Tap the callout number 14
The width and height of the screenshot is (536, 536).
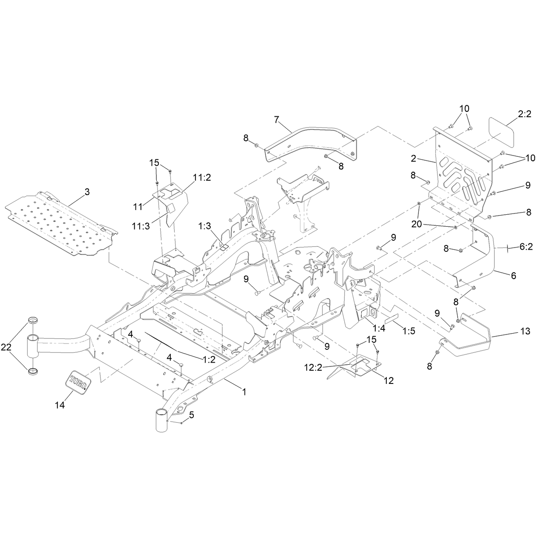[x=60, y=405]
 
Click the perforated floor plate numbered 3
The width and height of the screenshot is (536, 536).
[x=62, y=223]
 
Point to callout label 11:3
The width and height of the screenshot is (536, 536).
[x=141, y=226]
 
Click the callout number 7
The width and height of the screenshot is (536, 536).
[x=276, y=120]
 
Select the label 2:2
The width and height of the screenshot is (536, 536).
[x=524, y=114]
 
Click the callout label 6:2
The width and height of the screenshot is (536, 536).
[x=526, y=247]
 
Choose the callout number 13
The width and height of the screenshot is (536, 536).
[x=525, y=331]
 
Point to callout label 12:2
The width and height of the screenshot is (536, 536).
[x=313, y=368]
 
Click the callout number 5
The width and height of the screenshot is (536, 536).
[x=191, y=423]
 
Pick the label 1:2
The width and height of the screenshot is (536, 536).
[x=209, y=360]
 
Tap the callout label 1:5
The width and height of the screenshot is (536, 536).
[x=409, y=331]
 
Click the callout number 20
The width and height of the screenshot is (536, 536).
[x=417, y=224]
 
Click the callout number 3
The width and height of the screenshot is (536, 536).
[x=87, y=192]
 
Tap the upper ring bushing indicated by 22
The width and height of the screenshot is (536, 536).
[x=33, y=320]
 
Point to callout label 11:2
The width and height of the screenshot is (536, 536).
[x=202, y=178]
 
